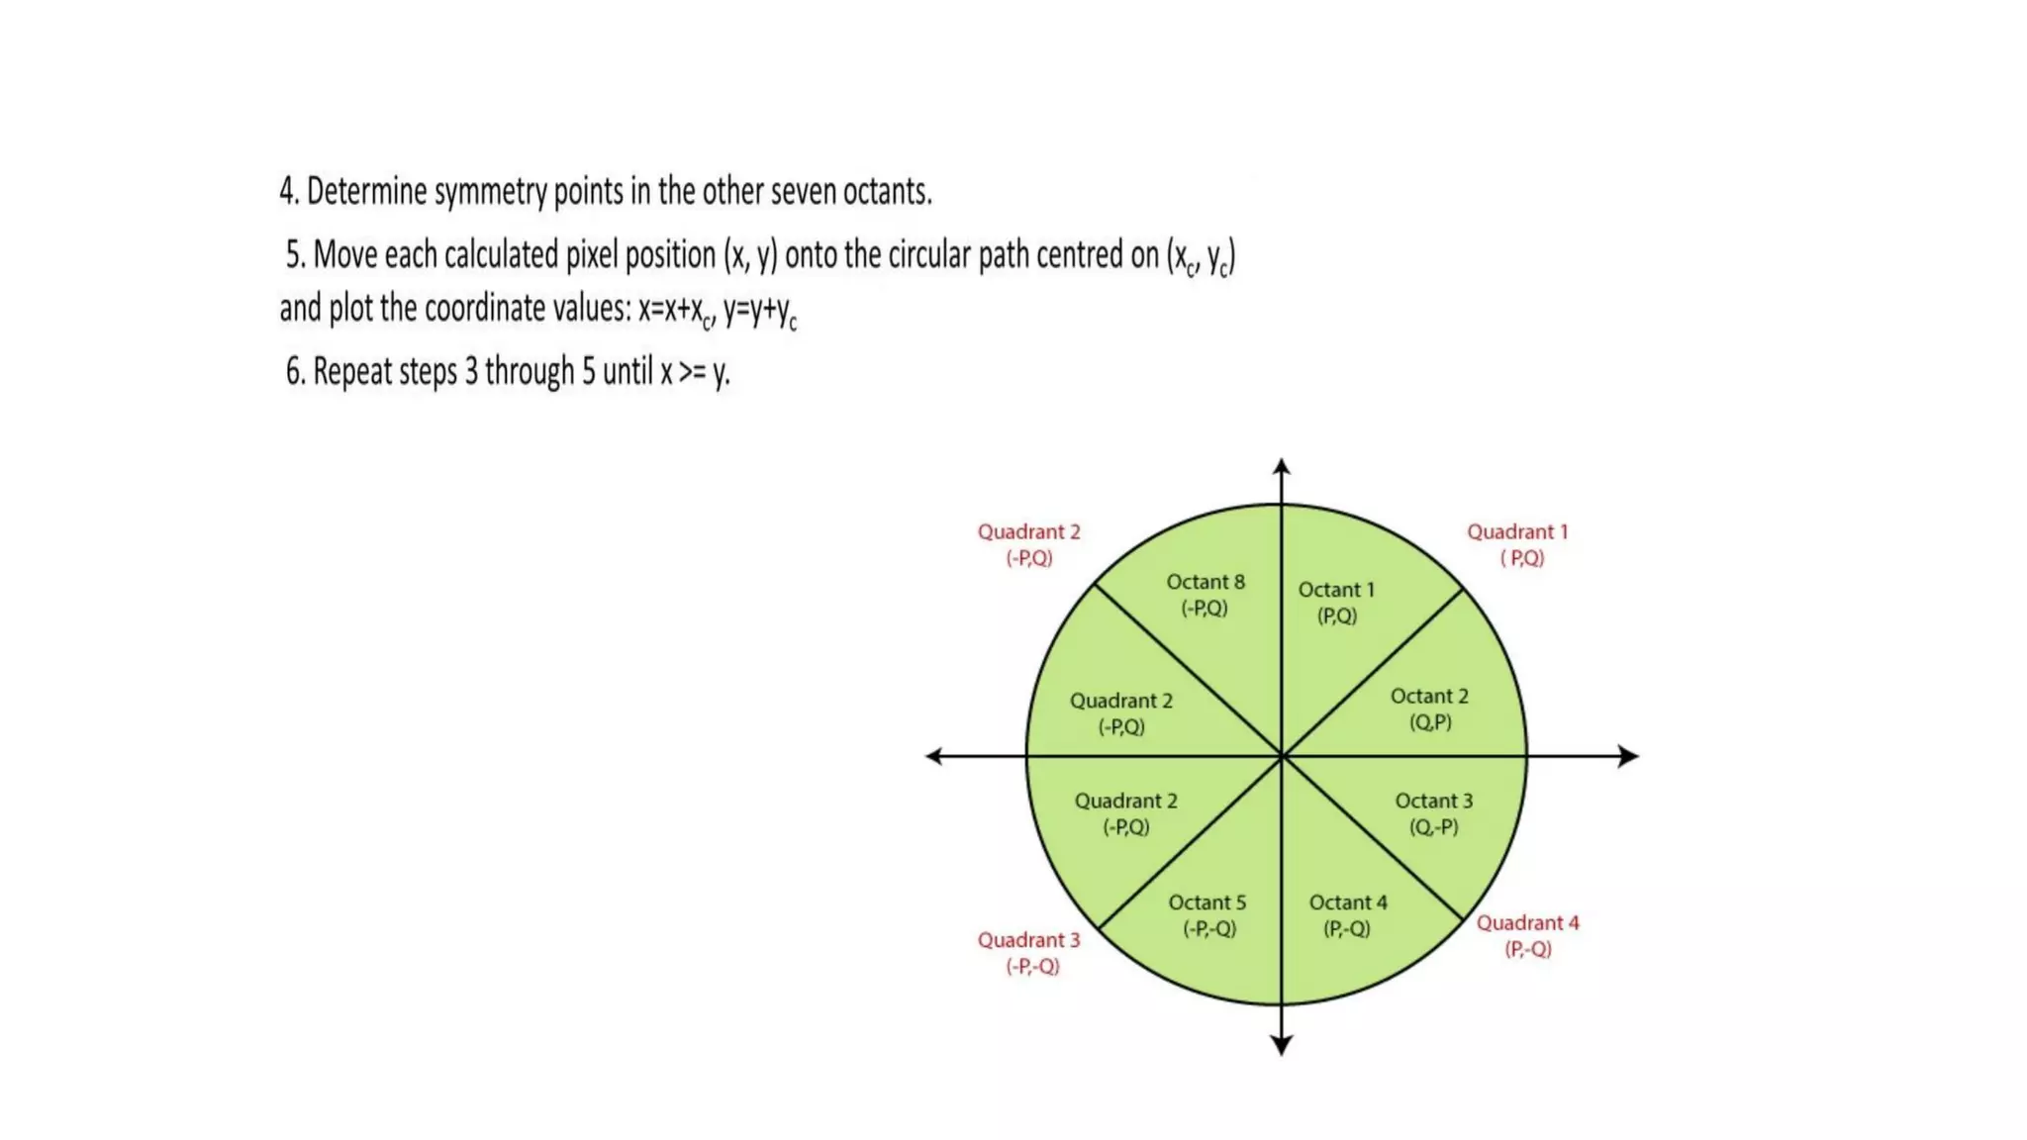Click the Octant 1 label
coord(1336,590)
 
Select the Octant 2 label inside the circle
coord(1429,697)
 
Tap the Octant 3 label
coord(1433,801)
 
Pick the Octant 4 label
coord(1348,902)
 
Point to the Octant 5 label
coord(1207,902)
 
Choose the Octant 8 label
coord(1205,582)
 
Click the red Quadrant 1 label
coord(1517,532)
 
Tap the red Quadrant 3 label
coord(1028,940)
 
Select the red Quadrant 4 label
coord(1527,923)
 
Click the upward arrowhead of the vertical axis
coord(1282,466)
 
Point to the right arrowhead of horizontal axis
coord(1628,756)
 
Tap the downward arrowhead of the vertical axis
coord(1282,1045)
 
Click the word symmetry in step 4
coord(490,192)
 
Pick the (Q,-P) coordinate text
coord(1433,827)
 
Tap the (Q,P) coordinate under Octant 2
coord(1430,722)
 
